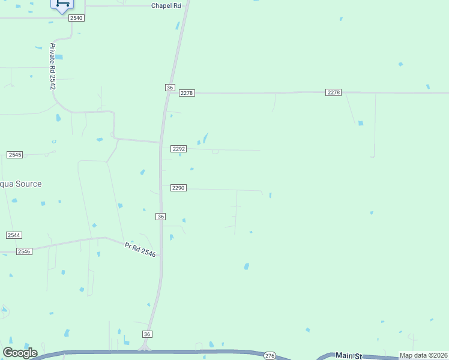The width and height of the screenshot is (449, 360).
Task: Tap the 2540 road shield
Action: (x=76, y=18)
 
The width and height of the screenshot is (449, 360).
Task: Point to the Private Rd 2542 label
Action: (x=53, y=67)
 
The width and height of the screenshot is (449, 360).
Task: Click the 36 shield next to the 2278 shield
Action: (x=170, y=88)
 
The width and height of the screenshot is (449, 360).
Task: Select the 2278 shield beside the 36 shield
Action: (x=187, y=92)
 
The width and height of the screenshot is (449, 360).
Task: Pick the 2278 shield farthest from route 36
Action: (x=334, y=92)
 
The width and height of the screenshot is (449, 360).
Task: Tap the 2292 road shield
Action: (x=179, y=149)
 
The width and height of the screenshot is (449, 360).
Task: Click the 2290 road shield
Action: (x=178, y=188)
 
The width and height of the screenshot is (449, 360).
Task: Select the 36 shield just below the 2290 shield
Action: (x=160, y=216)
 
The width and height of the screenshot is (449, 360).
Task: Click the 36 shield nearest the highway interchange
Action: (x=148, y=334)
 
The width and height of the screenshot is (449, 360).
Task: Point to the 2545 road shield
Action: (x=15, y=155)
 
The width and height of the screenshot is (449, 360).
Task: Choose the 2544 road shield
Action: (x=14, y=235)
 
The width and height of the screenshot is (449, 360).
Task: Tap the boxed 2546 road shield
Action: (x=24, y=251)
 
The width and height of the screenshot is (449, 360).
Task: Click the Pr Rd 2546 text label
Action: (x=140, y=250)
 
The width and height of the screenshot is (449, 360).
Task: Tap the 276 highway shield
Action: (x=270, y=356)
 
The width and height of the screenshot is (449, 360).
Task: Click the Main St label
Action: (x=347, y=355)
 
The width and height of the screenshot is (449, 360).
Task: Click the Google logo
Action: (x=20, y=353)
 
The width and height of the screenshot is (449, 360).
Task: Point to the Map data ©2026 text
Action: (x=423, y=355)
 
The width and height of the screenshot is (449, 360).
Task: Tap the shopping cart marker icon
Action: (x=62, y=4)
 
